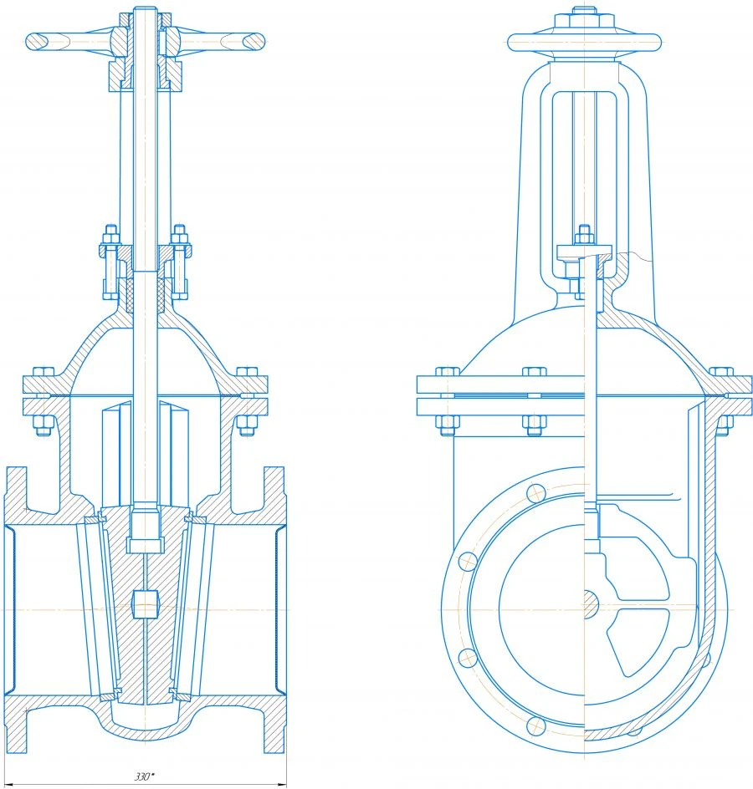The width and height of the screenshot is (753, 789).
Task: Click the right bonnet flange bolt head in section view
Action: [x=247, y=372]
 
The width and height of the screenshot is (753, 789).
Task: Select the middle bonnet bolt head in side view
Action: [x=534, y=371]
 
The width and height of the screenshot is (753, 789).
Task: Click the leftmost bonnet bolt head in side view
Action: [x=446, y=371]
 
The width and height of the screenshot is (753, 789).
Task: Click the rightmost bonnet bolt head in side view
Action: [x=721, y=371]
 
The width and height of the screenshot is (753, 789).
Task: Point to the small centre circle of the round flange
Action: [x=587, y=599]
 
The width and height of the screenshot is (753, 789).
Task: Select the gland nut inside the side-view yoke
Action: [x=583, y=233]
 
